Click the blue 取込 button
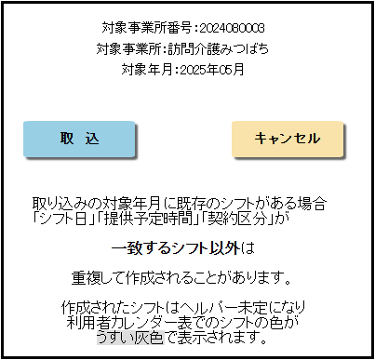(x=80, y=139)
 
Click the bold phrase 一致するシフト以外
(x=176, y=248)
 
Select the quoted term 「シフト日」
(x=55, y=220)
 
